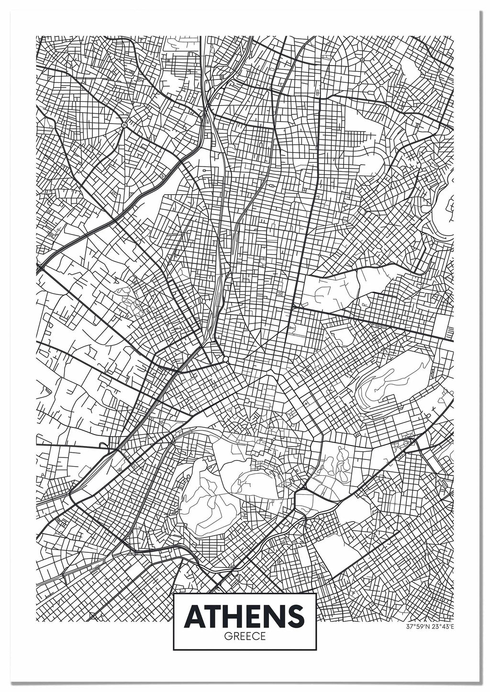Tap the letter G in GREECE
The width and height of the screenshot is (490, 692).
(x=226, y=637)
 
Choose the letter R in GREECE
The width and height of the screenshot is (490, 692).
(x=234, y=637)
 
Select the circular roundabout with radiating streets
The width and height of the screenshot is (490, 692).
(x=124, y=125)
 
